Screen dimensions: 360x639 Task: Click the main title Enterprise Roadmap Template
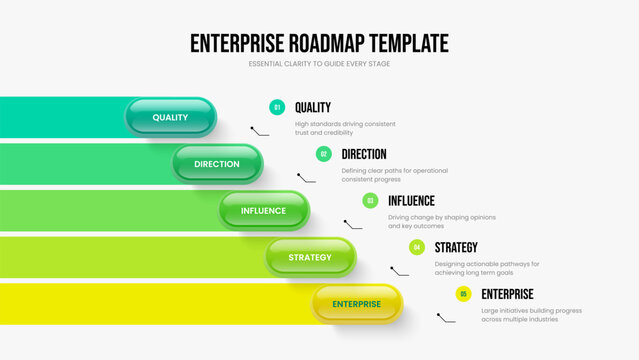click(319, 43)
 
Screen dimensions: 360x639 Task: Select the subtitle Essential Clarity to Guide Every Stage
click(319, 64)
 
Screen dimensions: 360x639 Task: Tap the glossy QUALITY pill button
click(170, 117)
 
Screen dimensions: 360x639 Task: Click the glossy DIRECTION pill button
click(217, 164)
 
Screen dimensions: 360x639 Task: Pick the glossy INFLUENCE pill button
click(264, 210)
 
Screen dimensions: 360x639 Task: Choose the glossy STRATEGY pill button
click(310, 257)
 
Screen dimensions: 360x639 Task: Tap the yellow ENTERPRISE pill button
click(357, 304)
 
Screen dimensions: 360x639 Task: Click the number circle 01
click(277, 107)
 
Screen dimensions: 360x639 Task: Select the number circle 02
click(324, 154)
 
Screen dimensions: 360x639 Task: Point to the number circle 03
click(370, 200)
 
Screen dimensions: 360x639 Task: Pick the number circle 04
click(417, 247)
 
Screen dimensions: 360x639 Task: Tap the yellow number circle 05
click(463, 294)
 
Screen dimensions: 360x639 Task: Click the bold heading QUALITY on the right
click(313, 107)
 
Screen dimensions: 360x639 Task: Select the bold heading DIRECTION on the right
click(364, 154)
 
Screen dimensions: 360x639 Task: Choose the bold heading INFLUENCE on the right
click(411, 200)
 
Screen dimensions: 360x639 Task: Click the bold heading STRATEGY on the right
click(456, 247)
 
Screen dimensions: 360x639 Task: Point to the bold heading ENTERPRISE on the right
click(507, 294)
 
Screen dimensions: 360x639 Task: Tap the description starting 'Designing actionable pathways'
click(486, 268)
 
